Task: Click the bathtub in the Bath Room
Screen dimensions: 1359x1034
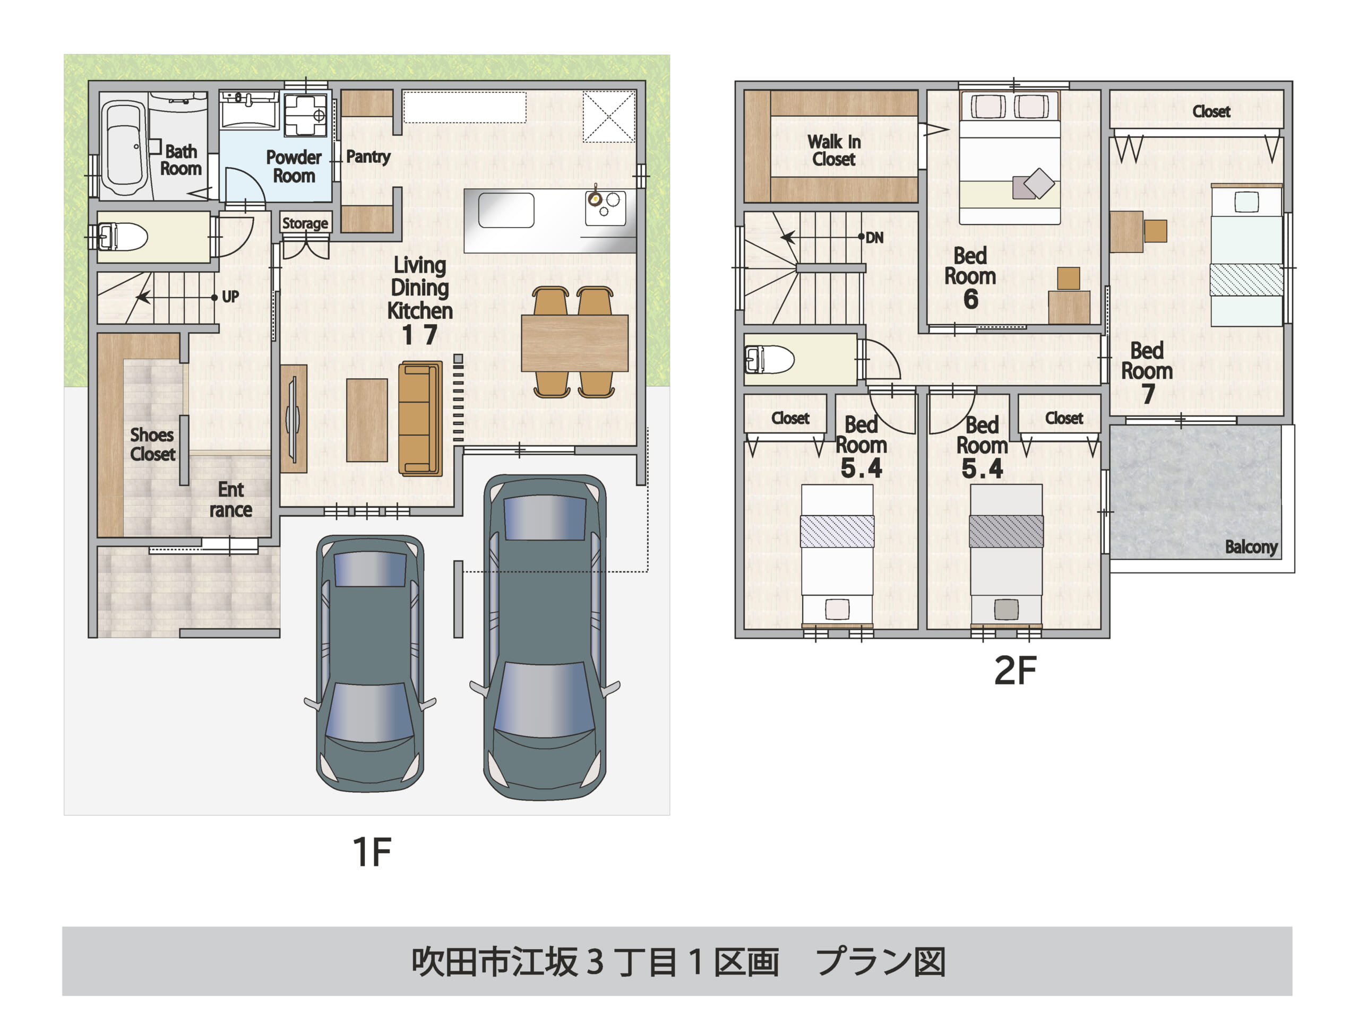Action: click(x=123, y=147)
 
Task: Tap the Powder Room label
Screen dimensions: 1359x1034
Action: click(x=294, y=166)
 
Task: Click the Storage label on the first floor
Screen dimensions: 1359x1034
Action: click(x=305, y=223)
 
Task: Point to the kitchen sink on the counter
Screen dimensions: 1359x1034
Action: click(x=506, y=211)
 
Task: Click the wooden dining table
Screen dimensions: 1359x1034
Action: click(x=574, y=343)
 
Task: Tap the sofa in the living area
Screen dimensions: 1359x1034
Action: click(x=420, y=419)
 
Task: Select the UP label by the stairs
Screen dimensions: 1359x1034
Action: click(x=230, y=297)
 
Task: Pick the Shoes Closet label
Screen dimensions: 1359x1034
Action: click(x=152, y=445)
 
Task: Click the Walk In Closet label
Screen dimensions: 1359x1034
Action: click(x=834, y=150)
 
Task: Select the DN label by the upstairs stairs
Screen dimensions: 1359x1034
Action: click(x=874, y=238)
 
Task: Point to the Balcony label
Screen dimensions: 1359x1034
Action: click(x=1251, y=547)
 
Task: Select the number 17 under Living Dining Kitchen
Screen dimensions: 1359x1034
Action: click(x=420, y=335)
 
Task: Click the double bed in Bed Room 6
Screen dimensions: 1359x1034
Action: click(x=1009, y=158)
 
